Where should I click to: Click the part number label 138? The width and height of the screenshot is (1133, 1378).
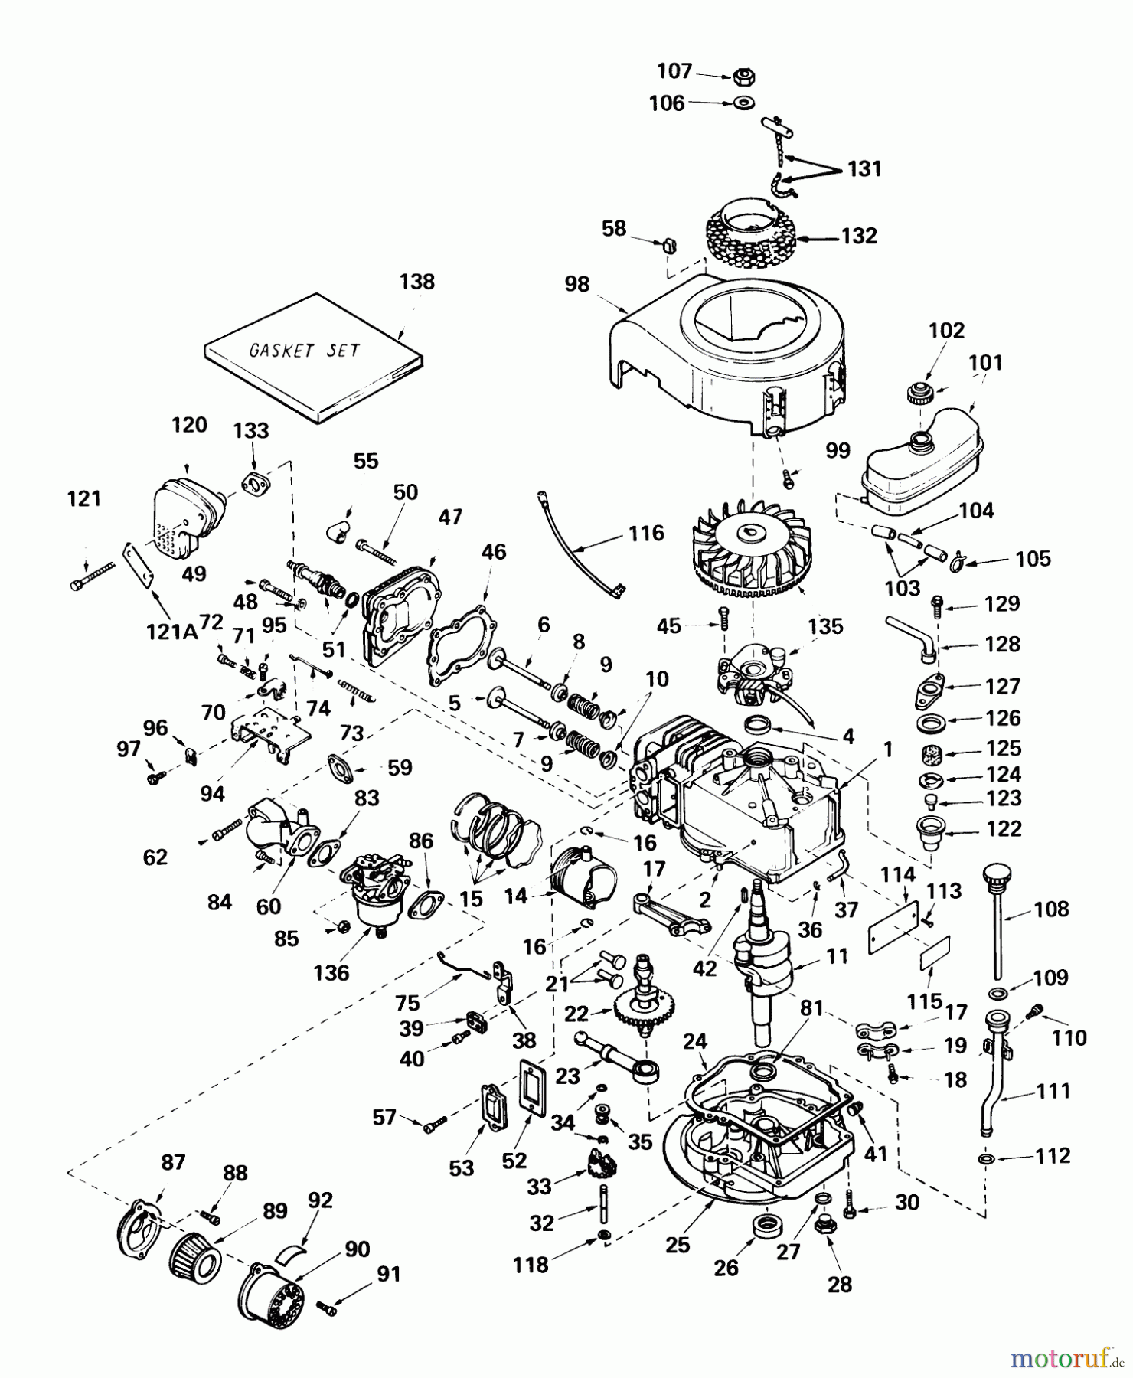tap(416, 282)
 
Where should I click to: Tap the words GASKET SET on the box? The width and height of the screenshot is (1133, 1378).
tap(305, 351)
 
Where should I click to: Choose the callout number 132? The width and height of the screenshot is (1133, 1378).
tap(858, 236)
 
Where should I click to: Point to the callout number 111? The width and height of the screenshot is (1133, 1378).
tap(1053, 1090)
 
